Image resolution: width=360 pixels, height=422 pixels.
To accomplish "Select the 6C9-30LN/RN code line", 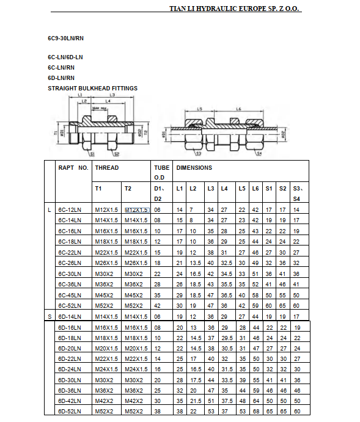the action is (x=66, y=38).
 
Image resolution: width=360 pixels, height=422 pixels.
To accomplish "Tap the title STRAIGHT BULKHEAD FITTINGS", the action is (x=92, y=89).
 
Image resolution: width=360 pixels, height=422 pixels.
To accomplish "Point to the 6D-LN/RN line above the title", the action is (x=61, y=78).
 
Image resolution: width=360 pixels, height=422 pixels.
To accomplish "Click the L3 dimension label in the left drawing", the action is (x=112, y=96).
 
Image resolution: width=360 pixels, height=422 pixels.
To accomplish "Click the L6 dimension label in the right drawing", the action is (x=237, y=109).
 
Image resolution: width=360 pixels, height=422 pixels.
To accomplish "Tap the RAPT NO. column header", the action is (x=73, y=168).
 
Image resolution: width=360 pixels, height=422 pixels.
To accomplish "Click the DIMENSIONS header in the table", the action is (x=194, y=168).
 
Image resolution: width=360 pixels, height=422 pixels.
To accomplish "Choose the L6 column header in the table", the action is (x=255, y=189).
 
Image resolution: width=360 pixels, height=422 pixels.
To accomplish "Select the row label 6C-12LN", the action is (x=70, y=210).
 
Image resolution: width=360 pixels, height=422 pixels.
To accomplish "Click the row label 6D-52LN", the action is (x=70, y=410).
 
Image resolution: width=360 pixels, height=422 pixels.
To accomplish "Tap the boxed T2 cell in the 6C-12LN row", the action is (x=136, y=210).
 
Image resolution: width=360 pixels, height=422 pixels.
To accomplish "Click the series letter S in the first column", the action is (x=50, y=316).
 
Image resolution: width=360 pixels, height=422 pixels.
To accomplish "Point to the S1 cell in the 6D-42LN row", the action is (x=269, y=400).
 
